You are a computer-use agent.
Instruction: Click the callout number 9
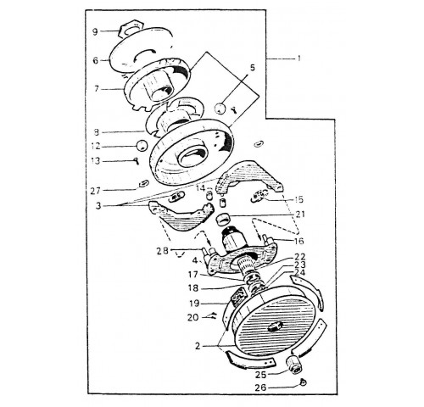95,31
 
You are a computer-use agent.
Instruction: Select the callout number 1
298,59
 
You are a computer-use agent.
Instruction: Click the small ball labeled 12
142,145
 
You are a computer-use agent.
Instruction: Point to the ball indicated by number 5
220,108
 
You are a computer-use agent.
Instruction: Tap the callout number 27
95,191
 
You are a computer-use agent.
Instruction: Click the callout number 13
96,161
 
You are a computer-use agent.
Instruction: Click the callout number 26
260,387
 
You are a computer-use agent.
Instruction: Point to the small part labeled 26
303,382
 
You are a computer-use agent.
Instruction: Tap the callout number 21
300,215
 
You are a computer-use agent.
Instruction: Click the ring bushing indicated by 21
223,220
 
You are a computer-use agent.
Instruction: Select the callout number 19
195,304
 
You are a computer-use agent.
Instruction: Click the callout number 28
163,251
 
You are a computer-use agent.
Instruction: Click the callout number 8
97,132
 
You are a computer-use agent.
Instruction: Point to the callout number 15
298,199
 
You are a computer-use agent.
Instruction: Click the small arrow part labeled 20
213,315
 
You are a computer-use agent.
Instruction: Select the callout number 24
299,272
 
